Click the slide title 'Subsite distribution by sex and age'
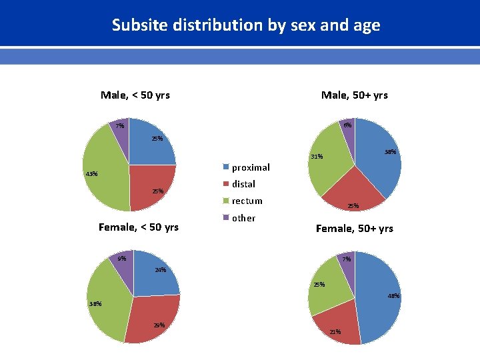click(x=246, y=25)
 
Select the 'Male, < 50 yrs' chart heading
click(x=135, y=95)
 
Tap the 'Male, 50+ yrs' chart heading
click(x=354, y=95)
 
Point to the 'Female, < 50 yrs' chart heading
click(x=139, y=227)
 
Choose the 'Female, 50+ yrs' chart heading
click(x=354, y=228)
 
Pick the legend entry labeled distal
click(x=243, y=184)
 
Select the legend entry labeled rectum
click(x=247, y=201)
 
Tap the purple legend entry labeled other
click(x=243, y=218)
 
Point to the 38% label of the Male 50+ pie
click(x=391, y=152)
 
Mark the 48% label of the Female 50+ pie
click(x=393, y=295)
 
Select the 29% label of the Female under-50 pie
click(x=159, y=325)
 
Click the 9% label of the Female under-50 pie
click(x=121, y=259)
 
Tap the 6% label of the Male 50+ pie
click(x=347, y=125)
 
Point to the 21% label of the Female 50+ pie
click(x=335, y=331)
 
